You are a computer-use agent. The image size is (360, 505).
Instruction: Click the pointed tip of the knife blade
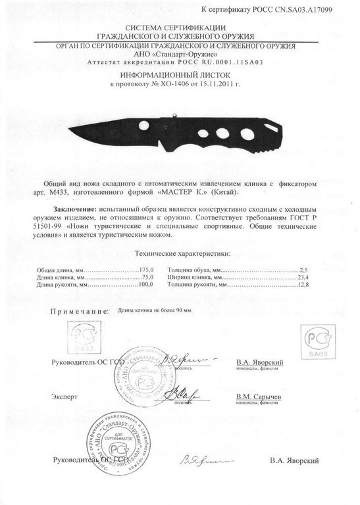point(69,128)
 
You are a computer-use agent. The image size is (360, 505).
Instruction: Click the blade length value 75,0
point(148,277)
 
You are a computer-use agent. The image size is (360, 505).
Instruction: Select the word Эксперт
point(64,397)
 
